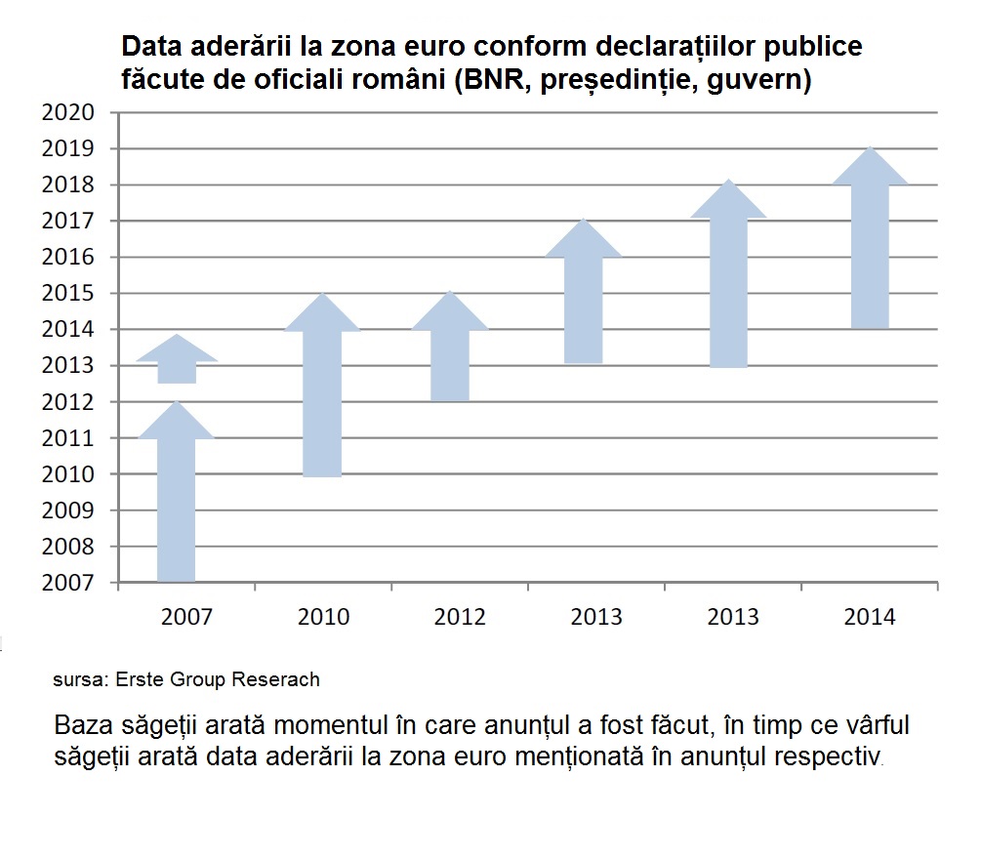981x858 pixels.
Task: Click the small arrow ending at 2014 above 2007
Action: pyautogui.click(x=177, y=361)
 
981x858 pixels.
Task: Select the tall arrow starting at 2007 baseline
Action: pyautogui.click(x=177, y=498)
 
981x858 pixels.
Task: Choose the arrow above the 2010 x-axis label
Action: pyautogui.click(x=322, y=390)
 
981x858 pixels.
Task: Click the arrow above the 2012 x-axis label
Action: pyautogui.click(x=449, y=351)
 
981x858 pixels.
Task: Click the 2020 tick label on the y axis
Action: pyautogui.click(x=68, y=112)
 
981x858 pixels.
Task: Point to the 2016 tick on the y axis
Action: pyautogui.click(x=68, y=258)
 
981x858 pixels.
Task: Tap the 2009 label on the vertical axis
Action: pyautogui.click(x=68, y=511)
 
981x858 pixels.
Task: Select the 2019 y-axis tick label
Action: pyautogui.click(x=68, y=148)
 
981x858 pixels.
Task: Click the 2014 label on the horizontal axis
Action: pyautogui.click(x=870, y=617)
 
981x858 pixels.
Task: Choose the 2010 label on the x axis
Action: pyautogui.click(x=323, y=617)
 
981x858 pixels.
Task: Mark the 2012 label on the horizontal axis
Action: pyautogui.click(x=460, y=617)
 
